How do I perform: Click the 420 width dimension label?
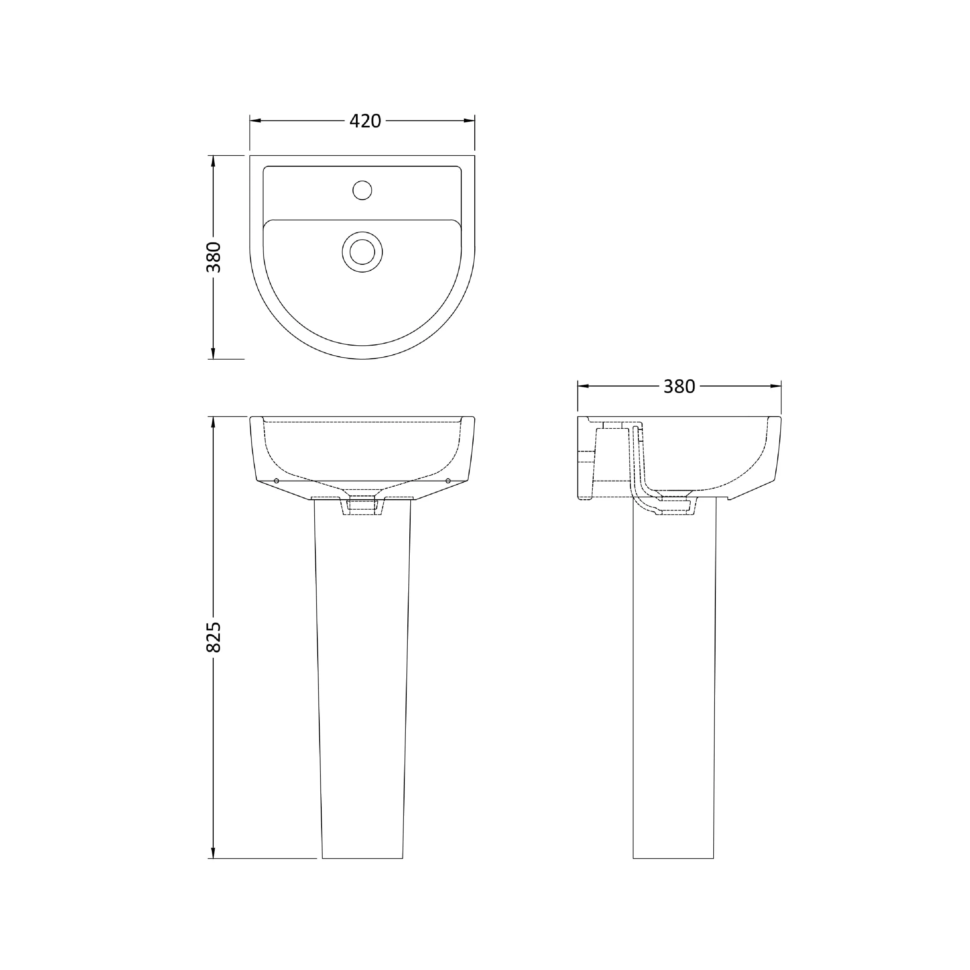coord(365,121)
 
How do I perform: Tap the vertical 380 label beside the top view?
coord(213,257)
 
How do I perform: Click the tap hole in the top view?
coord(362,190)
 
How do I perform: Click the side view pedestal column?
coord(673,678)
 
